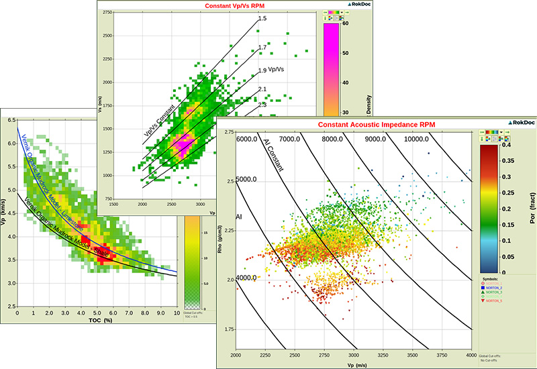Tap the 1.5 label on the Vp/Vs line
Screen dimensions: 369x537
click(x=263, y=19)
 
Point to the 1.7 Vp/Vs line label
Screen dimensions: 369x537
click(x=263, y=48)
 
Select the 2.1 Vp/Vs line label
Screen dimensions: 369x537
click(x=263, y=89)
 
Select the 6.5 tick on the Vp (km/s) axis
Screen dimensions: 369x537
click(x=11, y=119)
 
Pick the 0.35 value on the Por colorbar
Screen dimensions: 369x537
click(x=507, y=160)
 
